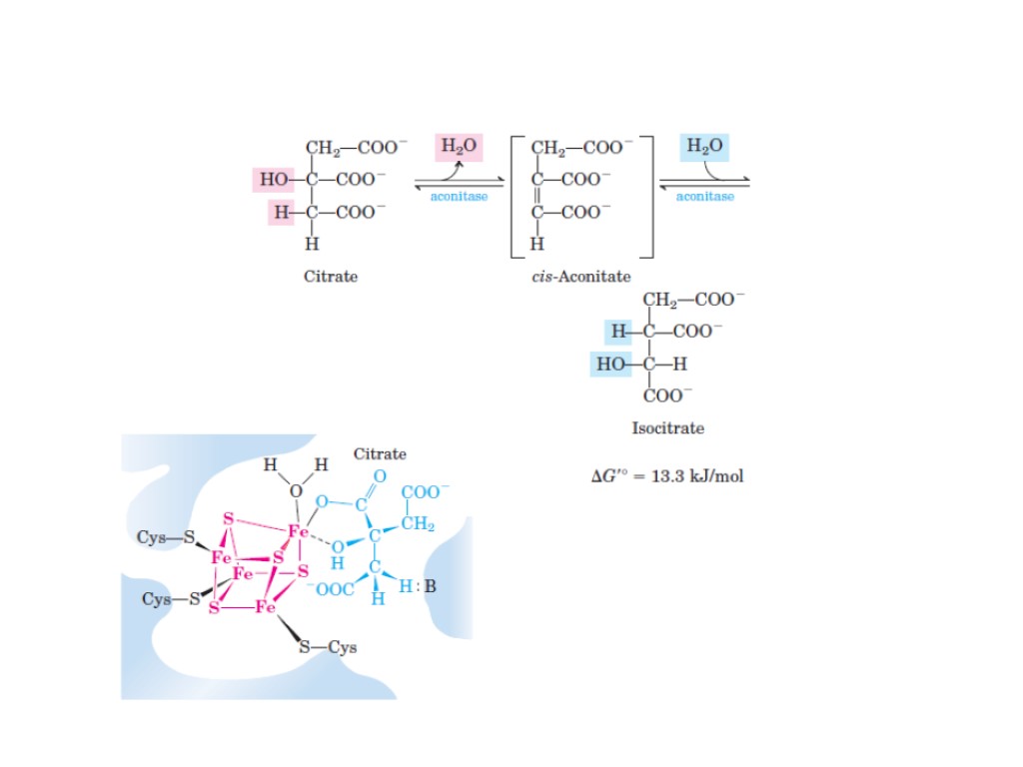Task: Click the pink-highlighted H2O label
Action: click(459, 147)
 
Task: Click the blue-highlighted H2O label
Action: click(704, 147)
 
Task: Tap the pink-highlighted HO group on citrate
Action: click(275, 180)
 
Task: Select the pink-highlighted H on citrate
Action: click(281, 212)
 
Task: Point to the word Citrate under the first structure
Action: click(331, 277)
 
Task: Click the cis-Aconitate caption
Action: click(580, 277)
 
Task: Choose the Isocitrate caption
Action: click(667, 428)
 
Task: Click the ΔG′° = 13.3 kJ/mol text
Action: click(667, 476)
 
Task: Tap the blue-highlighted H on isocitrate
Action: click(617, 331)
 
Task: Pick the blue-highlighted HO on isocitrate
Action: click(610, 364)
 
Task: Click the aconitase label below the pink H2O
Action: click(459, 197)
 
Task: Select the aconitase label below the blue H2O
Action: click(704, 197)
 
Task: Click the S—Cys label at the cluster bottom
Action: click(329, 647)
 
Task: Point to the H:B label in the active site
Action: click(418, 586)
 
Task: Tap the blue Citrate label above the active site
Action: click(380, 454)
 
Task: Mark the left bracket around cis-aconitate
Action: click(516, 196)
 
